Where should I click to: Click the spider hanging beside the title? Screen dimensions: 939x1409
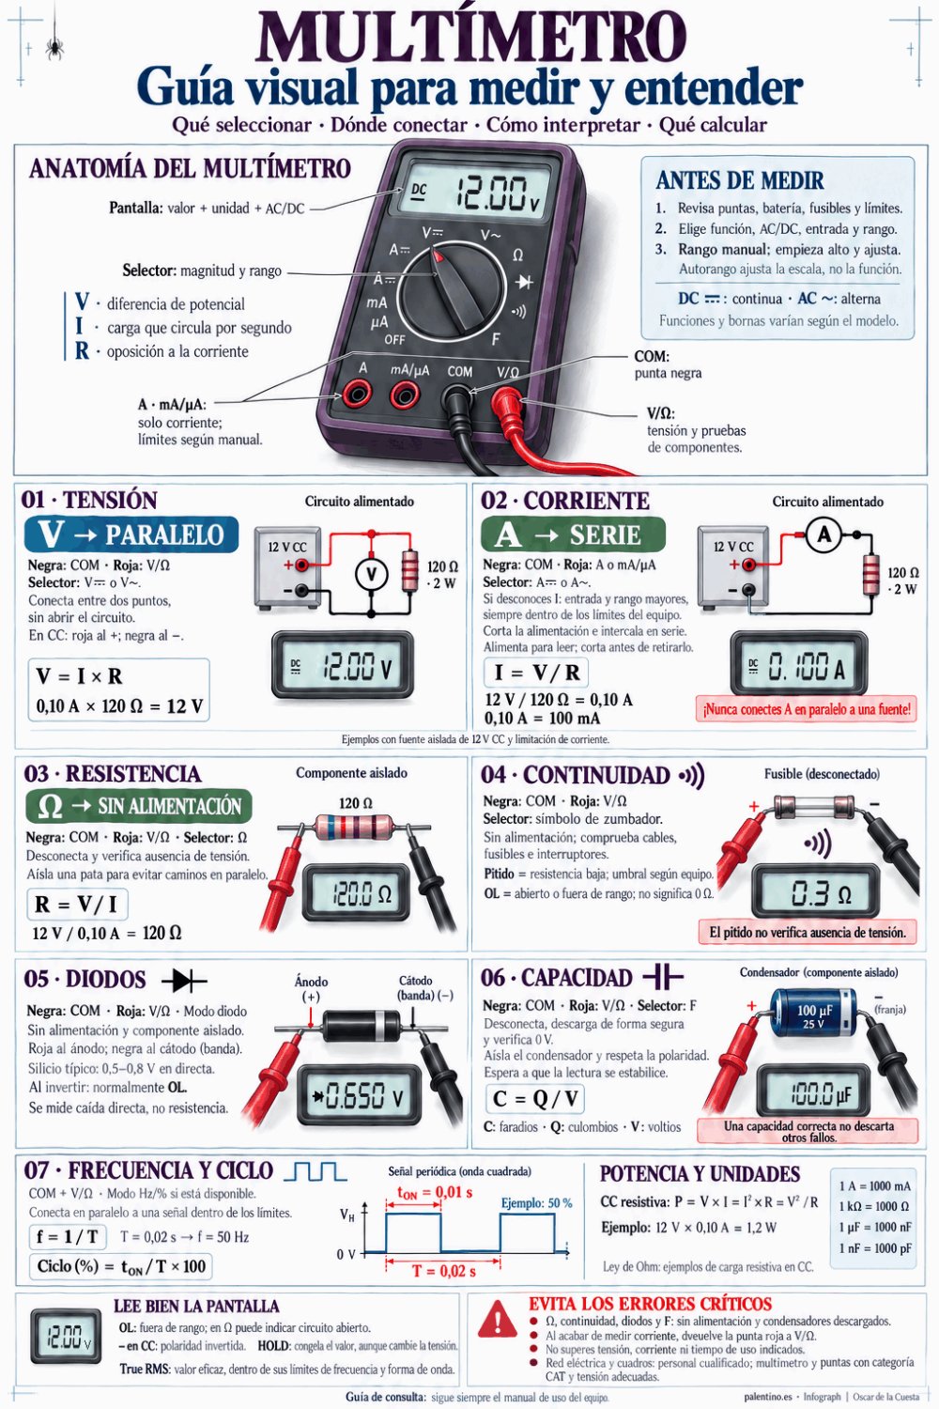(54, 47)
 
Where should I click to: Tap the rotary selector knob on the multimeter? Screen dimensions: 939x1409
(453, 288)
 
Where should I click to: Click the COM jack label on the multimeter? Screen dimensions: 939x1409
(460, 371)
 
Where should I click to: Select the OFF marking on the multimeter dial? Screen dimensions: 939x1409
(394, 340)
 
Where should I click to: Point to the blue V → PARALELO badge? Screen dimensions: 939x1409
(131, 534)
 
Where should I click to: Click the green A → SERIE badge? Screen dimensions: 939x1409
(573, 534)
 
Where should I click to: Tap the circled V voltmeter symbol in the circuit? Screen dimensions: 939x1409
(371, 574)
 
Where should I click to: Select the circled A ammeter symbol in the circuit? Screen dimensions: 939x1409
(824, 535)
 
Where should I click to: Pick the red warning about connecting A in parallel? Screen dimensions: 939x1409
(807, 709)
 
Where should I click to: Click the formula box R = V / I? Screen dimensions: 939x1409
(77, 904)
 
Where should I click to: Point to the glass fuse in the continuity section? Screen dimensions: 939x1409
(813, 805)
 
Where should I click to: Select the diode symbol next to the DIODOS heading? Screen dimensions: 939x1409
(184, 980)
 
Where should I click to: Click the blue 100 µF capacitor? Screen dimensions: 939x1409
(813, 1013)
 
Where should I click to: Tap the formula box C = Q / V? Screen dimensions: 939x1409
(534, 1098)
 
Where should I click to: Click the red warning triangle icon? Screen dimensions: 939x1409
(498, 1319)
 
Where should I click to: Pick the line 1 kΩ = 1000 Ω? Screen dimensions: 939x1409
(874, 1206)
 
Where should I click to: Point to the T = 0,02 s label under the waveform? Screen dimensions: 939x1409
(444, 1271)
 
